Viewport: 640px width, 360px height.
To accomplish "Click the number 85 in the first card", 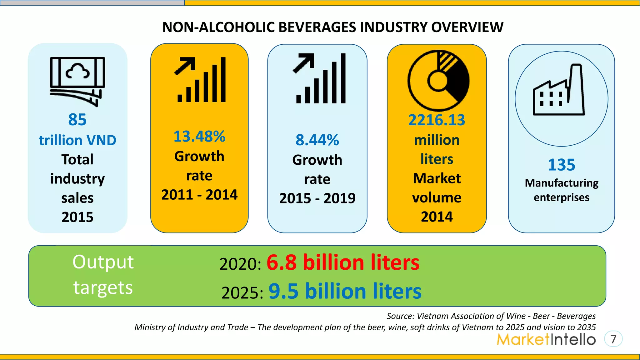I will [77, 120].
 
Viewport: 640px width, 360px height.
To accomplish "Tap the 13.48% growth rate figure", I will [199, 137].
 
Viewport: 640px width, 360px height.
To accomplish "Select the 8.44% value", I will [317, 140].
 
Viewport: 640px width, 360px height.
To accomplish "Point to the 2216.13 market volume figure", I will [437, 120].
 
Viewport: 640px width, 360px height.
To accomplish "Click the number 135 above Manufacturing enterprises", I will [561, 165].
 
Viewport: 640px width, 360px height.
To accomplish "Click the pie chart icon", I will [438, 81].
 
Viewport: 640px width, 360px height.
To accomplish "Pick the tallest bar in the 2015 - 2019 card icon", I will [343, 78].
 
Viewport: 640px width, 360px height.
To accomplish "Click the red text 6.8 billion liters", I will [343, 262].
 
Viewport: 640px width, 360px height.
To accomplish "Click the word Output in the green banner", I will [103, 262].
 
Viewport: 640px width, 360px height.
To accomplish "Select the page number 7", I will [613, 339].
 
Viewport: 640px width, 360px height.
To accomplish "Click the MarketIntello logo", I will [546, 339].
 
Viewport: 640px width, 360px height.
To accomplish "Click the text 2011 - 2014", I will [199, 195].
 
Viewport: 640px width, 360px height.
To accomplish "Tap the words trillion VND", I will [77, 140].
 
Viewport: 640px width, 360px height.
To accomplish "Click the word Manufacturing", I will [561, 183].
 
